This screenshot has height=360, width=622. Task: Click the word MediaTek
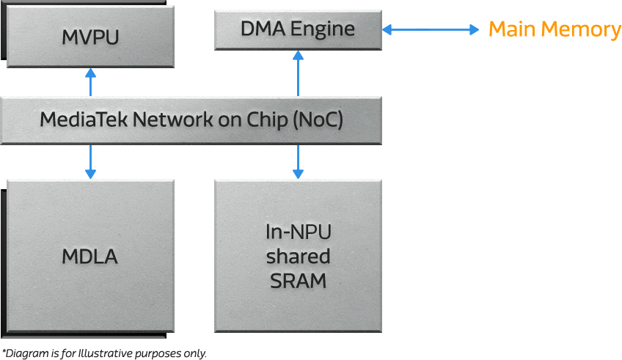click(83, 120)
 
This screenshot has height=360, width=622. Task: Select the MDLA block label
click(89, 257)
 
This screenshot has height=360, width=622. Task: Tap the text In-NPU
click(298, 233)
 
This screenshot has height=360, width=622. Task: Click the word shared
click(298, 257)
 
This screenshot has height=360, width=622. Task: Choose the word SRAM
click(298, 281)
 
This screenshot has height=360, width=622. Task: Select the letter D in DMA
click(247, 29)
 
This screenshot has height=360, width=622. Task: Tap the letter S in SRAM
click(277, 281)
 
